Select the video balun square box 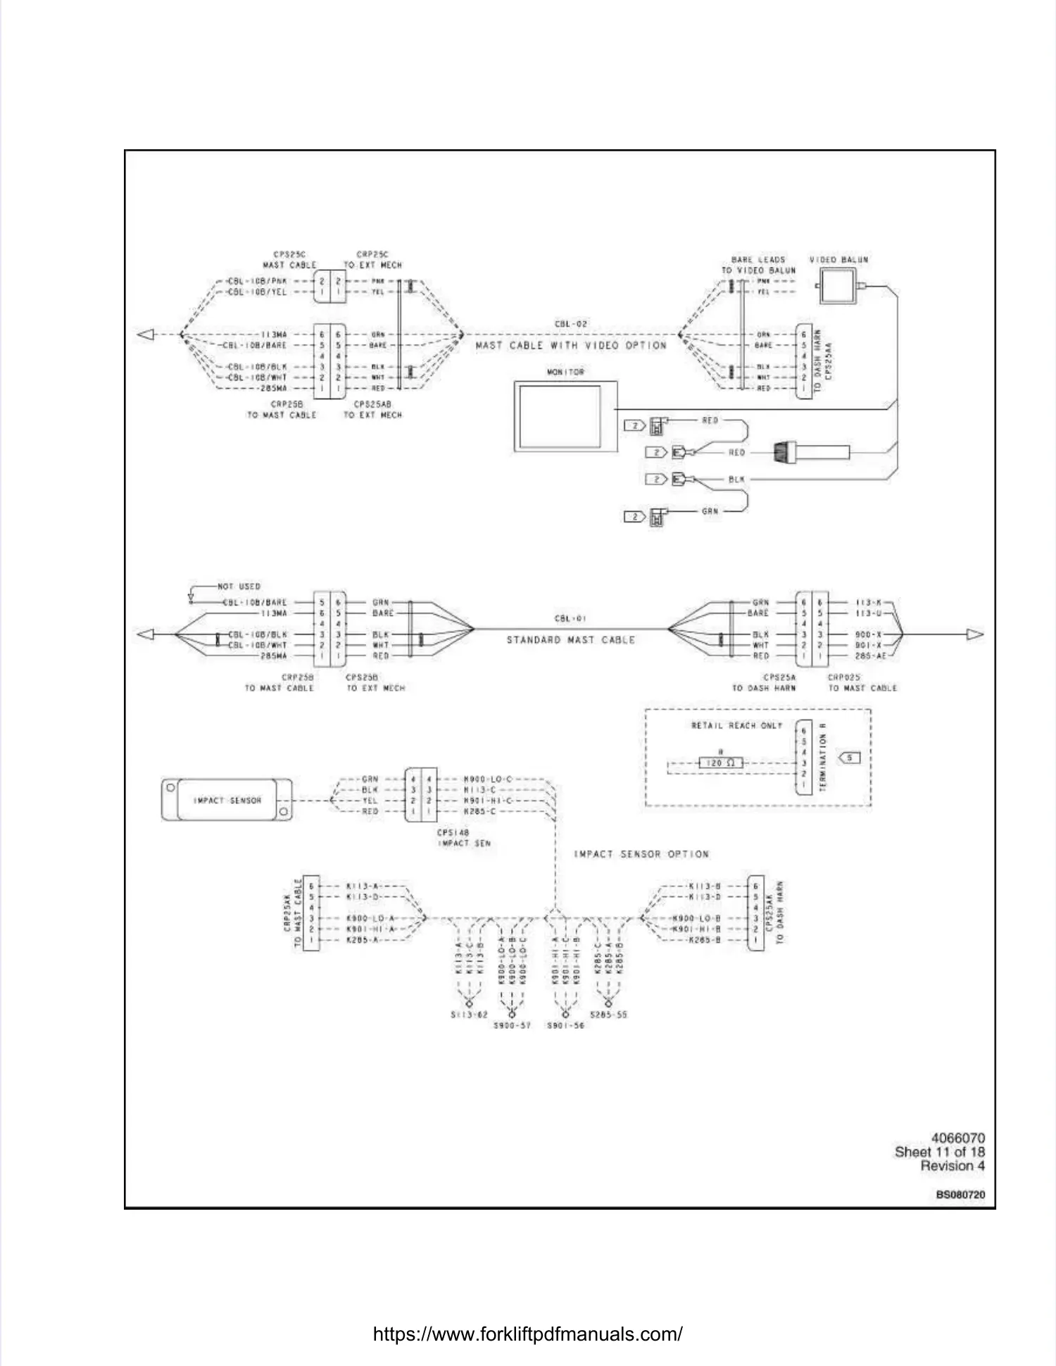(x=839, y=285)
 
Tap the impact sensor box (x=227, y=800)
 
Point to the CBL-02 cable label (x=570, y=324)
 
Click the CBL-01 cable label (x=570, y=618)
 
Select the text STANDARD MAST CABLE (x=570, y=640)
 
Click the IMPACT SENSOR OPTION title (x=641, y=854)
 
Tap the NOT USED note (x=239, y=586)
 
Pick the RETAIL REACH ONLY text (x=736, y=725)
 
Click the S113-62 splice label (x=469, y=1015)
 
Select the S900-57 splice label (x=512, y=1026)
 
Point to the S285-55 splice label (x=608, y=1015)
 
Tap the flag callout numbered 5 (x=850, y=758)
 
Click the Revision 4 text (x=952, y=1166)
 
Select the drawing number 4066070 (x=957, y=1138)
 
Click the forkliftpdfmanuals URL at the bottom (x=527, y=1334)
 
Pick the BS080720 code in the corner (x=960, y=1195)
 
